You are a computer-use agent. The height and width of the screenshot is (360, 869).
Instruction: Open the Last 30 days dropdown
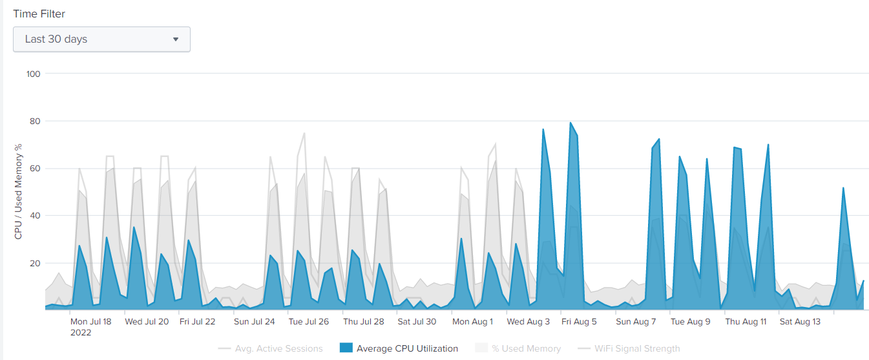pyautogui.click(x=101, y=39)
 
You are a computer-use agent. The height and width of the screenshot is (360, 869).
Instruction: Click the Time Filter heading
pyautogui.click(x=39, y=14)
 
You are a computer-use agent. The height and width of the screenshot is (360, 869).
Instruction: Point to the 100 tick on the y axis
pyautogui.click(x=33, y=74)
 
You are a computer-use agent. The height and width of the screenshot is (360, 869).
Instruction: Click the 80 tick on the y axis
pyautogui.click(x=33, y=121)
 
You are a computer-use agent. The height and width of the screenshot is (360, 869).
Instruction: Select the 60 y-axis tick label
pyautogui.click(x=33, y=169)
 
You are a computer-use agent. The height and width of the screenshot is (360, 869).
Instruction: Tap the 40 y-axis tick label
pyautogui.click(x=33, y=216)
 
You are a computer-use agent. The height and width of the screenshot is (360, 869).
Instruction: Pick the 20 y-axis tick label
pyautogui.click(x=33, y=263)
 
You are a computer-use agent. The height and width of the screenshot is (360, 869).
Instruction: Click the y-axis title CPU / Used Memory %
pyautogui.click(x=18, y=191)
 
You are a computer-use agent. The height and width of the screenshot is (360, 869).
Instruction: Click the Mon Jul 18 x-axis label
pyautogui.click(x=91, y=321)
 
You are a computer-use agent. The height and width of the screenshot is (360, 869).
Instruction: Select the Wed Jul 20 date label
pyautogui.click(x=147, y=321)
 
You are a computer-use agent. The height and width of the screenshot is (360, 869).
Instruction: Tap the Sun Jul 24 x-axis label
pyautogui.click(x=255, y=321)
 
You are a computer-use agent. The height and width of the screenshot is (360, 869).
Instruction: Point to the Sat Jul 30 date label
pyautogui.click(x=417, y=321)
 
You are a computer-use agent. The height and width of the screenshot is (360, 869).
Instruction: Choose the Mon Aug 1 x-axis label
pyautogui.click(x=472, y=321)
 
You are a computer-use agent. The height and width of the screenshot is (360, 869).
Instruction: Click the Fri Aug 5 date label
pyautogui.click(x=579, y=321)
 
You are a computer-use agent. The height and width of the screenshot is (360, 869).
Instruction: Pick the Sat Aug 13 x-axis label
pyautogui.click(x=800, y=321)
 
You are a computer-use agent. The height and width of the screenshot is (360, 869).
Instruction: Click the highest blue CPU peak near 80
pyautogui.click(x=571, y=123)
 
